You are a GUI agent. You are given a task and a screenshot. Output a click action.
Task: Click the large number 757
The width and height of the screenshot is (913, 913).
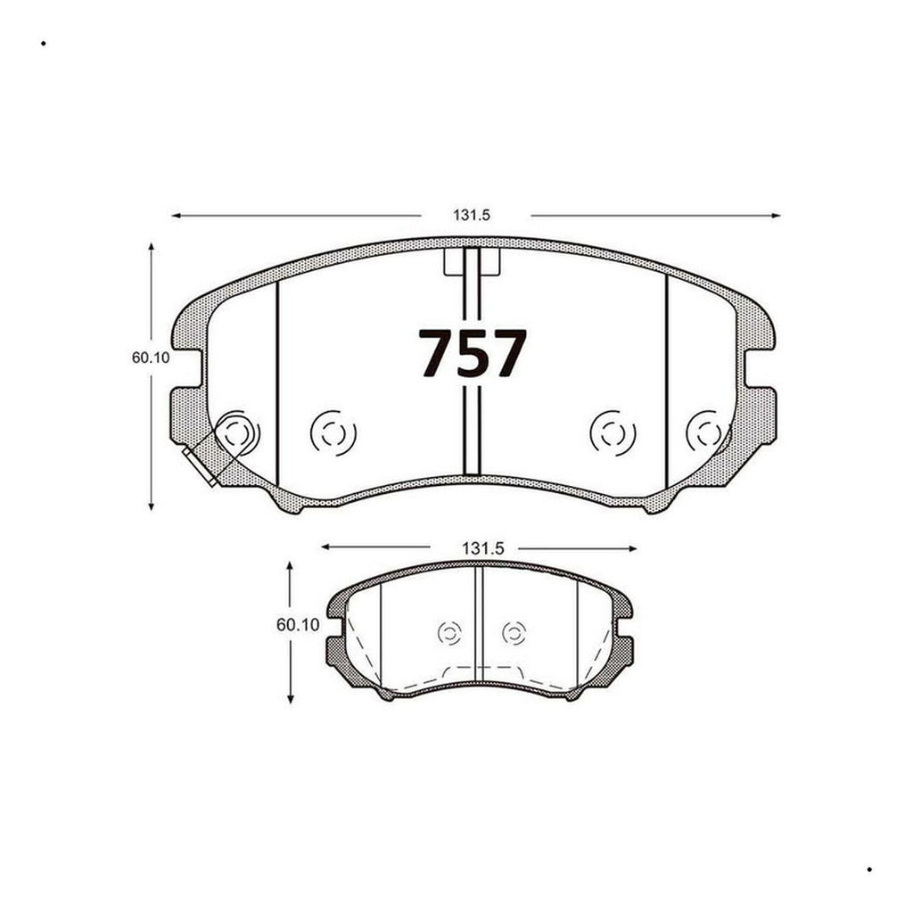(x=473, y=353)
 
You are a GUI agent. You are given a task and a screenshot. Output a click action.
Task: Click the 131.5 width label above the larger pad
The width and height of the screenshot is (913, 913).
(x=472, y=215)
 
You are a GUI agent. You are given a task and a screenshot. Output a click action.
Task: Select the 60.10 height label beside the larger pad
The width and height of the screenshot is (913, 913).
(x=151, y=358)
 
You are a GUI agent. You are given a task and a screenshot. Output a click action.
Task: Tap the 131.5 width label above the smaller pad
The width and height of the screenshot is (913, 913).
(x=482, y=548)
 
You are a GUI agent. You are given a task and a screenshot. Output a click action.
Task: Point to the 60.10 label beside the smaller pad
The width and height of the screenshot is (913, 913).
(x=298, y=625)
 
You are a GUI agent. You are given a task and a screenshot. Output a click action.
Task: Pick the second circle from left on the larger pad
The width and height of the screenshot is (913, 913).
(x=333, y=433)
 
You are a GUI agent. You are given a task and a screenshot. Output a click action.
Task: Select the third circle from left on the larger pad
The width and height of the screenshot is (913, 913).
(x=613, y=433)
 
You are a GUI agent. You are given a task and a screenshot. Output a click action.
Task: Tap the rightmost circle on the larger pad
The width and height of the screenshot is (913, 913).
(x=709, y=433)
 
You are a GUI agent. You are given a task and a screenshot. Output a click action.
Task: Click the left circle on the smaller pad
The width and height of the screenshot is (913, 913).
(x=449, y=633)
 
